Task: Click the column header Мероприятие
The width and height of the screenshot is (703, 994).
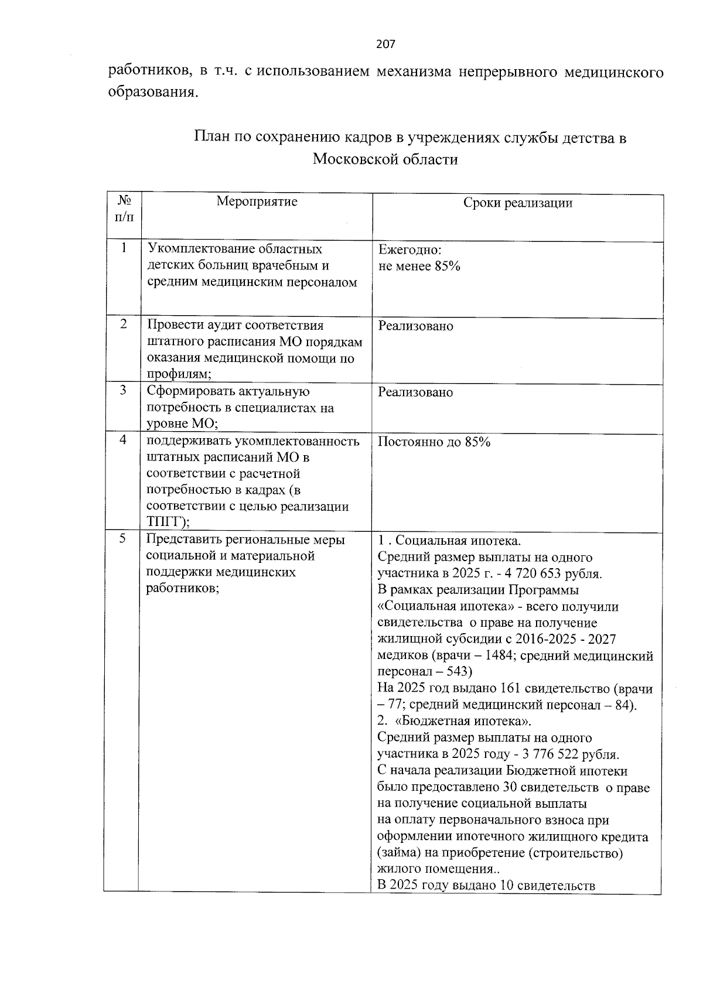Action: [x=257, y=202]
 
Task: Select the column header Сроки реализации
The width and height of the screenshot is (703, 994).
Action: [x=517, y=203]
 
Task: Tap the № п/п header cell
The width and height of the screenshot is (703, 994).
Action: [x=124, y=209]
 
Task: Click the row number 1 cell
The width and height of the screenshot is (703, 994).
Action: [x=124, y=248]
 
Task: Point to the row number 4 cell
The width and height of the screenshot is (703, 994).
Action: [x=124, y=440]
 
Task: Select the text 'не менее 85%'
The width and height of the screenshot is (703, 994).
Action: [x=419, y=267]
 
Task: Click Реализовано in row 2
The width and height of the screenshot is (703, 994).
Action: [x=415, y=326]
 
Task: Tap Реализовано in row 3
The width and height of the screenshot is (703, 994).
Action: [x=415, y=392]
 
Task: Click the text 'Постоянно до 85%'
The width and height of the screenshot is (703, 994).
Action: [x=434, y=442]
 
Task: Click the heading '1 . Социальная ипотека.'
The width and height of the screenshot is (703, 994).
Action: [x=449, y=541]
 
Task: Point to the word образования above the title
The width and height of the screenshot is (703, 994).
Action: [x=151, y=93]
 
